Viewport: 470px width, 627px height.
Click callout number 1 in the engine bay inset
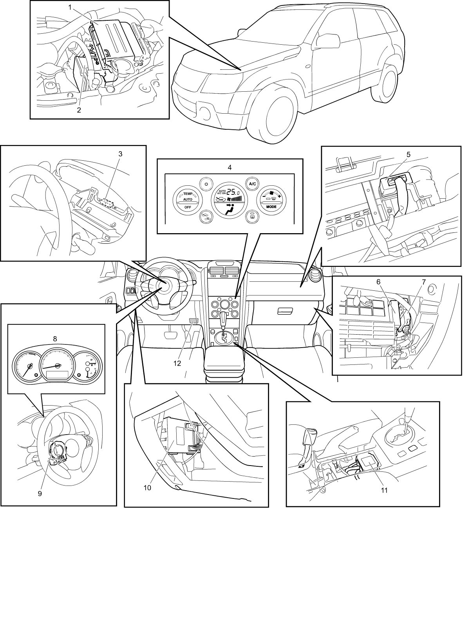(70, 7)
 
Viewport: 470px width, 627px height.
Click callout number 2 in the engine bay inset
(79, 110)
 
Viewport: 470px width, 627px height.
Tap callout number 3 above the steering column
(120, 154)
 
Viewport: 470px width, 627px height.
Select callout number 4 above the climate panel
(230, 167)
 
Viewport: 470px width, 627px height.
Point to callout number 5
(408, 154)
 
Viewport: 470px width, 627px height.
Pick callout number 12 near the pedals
(177, 363)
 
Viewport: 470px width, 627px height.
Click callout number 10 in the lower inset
(147, 487)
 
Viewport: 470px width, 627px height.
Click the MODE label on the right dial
(271, 206)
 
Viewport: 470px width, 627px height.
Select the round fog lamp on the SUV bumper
(204, 112)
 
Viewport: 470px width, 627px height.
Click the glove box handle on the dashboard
(285, 311)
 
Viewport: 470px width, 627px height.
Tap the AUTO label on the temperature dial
(188, 199)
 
